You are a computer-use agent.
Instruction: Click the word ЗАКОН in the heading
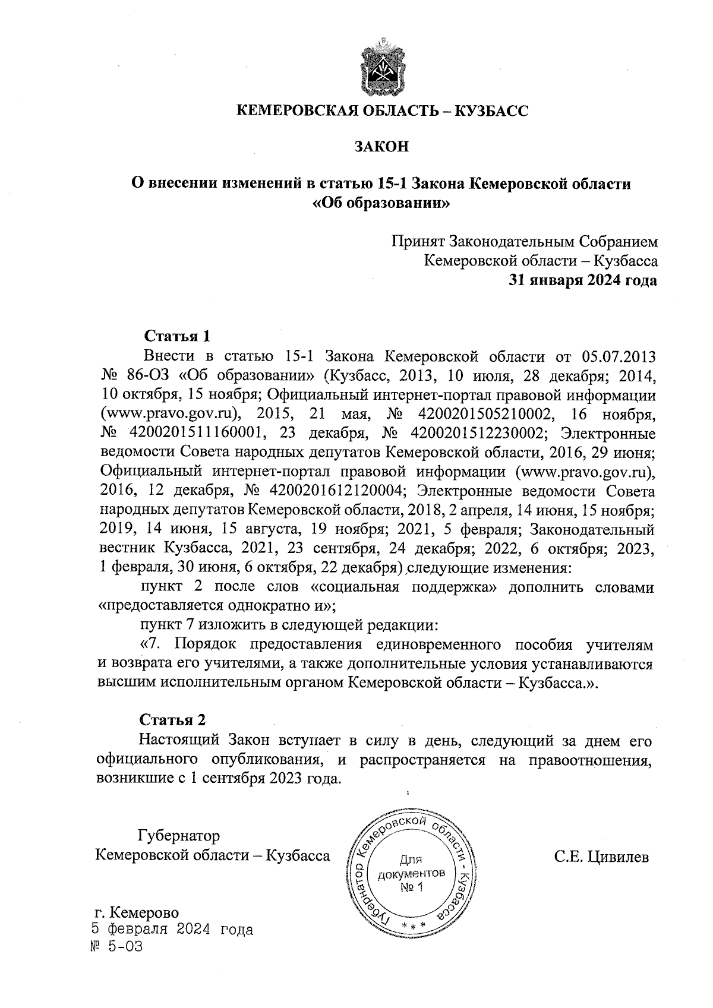[381, 147]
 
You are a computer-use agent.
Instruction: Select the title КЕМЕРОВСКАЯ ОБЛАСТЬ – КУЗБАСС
[381, 111]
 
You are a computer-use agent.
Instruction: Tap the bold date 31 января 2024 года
[582, 280]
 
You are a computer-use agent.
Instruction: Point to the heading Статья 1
[178, 336]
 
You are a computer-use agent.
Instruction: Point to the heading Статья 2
[172, 720]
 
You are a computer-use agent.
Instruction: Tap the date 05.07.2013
[618, 356]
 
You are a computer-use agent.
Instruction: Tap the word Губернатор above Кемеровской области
[178, 836]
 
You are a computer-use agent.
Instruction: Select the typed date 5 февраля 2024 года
[172, 930]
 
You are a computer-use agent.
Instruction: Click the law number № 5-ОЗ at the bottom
[116, 947]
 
